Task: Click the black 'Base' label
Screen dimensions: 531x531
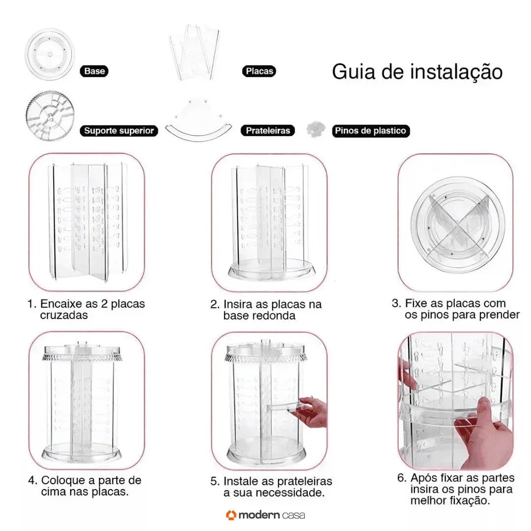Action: point(94,71)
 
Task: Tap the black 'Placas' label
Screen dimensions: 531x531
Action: point(259,71)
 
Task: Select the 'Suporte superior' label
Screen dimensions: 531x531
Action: point(118,131)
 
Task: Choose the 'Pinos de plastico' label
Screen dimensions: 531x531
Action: point(371,131)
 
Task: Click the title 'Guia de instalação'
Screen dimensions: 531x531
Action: point(417,72)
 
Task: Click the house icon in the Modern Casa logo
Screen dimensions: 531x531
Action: point(231,515)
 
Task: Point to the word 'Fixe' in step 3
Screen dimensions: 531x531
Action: point(415,303)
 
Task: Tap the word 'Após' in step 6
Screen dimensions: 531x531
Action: point(423,478)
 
